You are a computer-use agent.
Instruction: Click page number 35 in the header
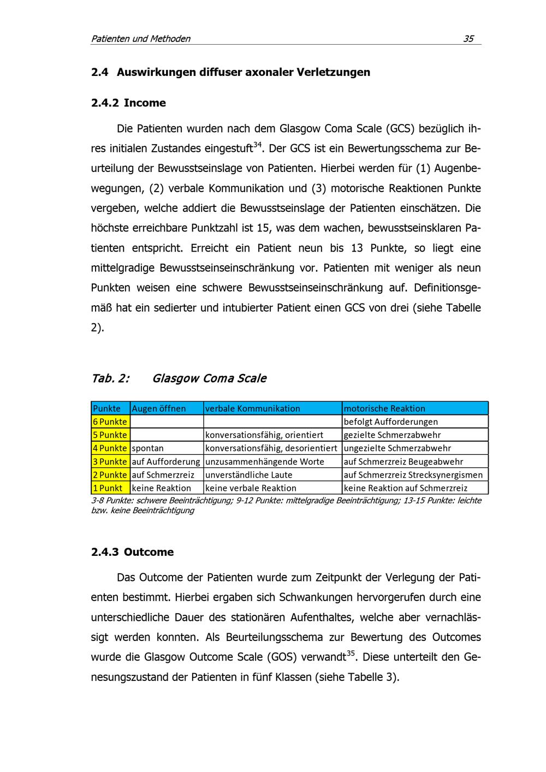[468, 39]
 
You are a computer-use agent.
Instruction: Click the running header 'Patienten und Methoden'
[141, 39]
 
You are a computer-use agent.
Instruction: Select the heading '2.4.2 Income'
[128, 103]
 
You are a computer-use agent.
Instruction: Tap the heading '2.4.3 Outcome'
[132, 552]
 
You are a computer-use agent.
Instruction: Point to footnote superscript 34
[258, 145]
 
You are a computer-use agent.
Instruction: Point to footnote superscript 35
[351, 653]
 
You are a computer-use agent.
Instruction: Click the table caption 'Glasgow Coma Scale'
[209, 378]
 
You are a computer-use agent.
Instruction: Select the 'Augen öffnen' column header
[159, 408]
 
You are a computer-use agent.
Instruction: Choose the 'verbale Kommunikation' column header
[253, 408]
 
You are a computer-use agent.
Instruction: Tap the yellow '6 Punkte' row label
[110, 421]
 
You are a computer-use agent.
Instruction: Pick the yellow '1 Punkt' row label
[108, 488]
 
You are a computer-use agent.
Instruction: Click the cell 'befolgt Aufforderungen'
[391, 421]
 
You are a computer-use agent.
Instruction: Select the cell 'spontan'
[148, 448]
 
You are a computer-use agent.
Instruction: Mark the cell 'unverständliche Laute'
[249, 475]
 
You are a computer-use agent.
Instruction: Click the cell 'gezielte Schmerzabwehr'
[392, 435]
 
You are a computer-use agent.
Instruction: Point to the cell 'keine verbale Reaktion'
[251, 488]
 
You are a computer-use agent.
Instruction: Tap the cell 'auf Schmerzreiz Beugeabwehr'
[403, 462]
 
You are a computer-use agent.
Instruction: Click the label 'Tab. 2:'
[110, 378]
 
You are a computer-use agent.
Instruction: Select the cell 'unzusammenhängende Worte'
[265, 462]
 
